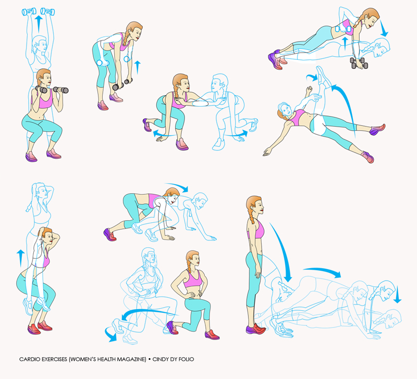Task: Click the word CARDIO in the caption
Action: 30,359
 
